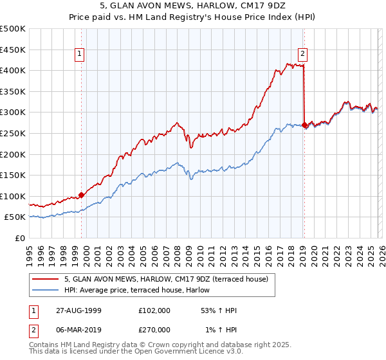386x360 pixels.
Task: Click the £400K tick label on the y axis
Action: point(13,70)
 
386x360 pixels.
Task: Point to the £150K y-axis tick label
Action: point(13,175)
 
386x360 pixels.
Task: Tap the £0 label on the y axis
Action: point(19,238)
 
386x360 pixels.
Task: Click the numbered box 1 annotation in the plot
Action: point(80,55)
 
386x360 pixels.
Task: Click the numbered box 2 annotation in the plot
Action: point(302,55)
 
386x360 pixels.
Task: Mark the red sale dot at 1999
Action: point(82,195)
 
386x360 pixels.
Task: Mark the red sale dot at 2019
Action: point(304,125)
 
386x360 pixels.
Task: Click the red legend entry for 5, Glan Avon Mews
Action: point(170,279)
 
